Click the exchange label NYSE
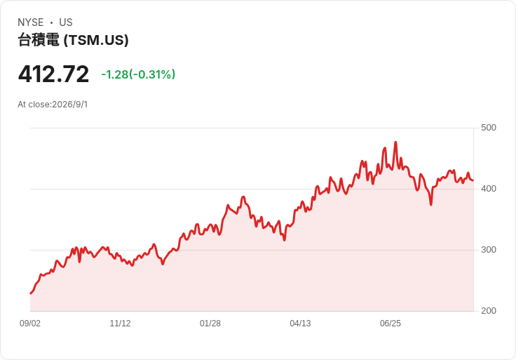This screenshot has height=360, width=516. [x=31, y=22]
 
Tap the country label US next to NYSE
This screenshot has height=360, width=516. [x=66, y=22]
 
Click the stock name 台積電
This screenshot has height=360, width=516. [x=39, y=40]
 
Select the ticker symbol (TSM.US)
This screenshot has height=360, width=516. [x=96, y=40]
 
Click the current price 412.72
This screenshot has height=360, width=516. [x=54, y=74]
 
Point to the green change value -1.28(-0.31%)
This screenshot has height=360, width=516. [x=138, y=74]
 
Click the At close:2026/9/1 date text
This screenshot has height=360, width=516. [x=53, y=105]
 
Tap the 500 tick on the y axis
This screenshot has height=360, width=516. [x=489, y=128]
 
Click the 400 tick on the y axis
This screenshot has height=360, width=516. [x=489, y=189]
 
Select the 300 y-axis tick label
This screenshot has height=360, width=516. [x=489, y=250]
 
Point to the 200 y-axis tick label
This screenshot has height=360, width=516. [x=489, y=311]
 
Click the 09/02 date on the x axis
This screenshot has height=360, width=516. [x=30, y=324]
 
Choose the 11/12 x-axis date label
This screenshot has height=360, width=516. [x=120, y=324]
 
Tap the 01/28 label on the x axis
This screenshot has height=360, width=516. [x=210, y=324]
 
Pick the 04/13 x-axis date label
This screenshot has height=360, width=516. [x=300, y=324]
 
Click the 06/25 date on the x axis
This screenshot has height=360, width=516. [x=391, y=324]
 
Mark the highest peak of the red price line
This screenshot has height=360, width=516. [x=395, y=142]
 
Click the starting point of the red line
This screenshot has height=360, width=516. [x=31, y=293]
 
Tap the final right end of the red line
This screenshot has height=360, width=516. [x=473, y=180]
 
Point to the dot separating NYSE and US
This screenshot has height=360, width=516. [x=51, y=22]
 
